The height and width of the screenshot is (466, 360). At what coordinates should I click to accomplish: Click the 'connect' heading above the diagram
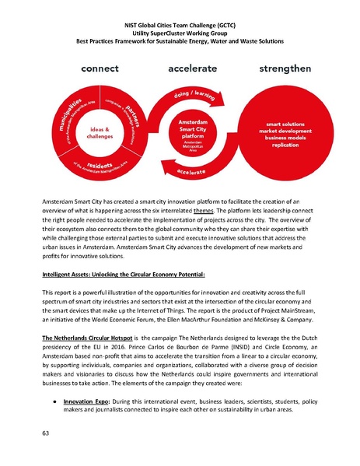94,69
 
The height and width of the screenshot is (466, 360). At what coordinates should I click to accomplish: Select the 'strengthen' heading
287,69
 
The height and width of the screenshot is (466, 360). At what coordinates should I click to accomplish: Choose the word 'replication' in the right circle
287,145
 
